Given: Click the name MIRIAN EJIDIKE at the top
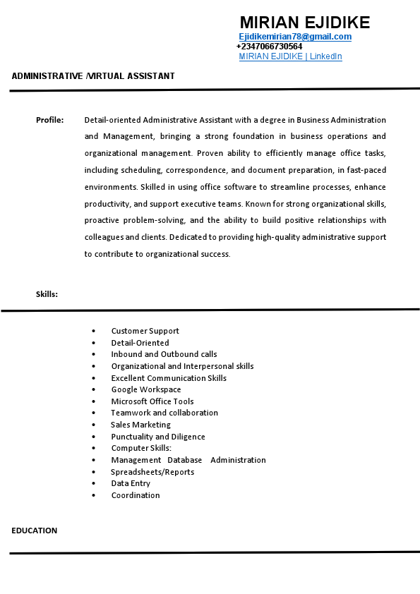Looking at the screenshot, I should pos(304,23).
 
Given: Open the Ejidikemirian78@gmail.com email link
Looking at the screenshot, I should pos(295,37).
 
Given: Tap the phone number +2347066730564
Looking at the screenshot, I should pos(269,47).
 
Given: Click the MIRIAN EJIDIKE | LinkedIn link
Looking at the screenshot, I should pos(290,56).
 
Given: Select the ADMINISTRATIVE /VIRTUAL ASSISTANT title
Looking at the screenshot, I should pos(93,76).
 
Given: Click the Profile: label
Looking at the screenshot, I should pos(50,120).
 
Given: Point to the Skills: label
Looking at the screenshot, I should pos(47,294).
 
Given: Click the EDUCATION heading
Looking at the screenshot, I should pos(35,531).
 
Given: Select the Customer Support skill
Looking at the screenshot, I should pos(145,331).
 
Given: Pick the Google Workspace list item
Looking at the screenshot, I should pos(146,389).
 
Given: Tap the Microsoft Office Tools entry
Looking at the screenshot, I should pos(152,401).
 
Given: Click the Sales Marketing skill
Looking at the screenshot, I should pos(140,425).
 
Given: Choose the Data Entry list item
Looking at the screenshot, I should pos(131,483).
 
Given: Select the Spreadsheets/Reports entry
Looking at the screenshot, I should pos(152,472).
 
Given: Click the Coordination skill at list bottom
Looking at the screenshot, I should pos(136,495).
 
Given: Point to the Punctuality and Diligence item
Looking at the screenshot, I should pos(158,437).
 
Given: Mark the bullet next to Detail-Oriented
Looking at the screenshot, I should pos(94,343).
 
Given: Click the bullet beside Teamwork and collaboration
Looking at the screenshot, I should pos(94,413).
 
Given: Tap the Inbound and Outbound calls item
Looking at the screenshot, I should pos(164,354).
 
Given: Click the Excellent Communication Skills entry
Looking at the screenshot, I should pos(169,378).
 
